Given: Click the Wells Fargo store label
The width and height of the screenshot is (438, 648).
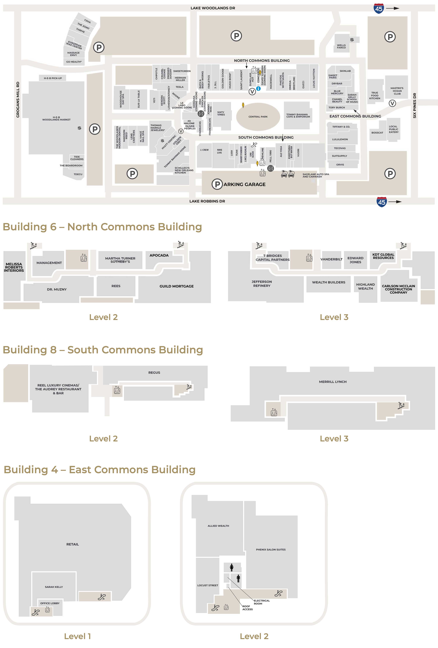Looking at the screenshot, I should tap(341, 46).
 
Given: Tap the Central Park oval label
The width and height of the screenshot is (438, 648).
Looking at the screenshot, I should tap(258, 117).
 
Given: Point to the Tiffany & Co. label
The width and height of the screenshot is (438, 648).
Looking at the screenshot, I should tap(341, 127).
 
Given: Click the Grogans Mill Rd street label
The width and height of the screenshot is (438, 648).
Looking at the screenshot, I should tap(18, 100).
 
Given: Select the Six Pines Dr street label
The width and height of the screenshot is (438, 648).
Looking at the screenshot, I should tap(414, 105).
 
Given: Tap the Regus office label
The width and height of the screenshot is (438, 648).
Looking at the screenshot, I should tap(154, 372).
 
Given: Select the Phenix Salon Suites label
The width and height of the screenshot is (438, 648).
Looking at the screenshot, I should tap(271, 550).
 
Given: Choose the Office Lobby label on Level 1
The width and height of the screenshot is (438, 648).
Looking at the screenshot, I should tap(50, 603).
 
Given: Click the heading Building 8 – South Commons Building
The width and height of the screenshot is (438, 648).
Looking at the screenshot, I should tap(103, 350).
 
